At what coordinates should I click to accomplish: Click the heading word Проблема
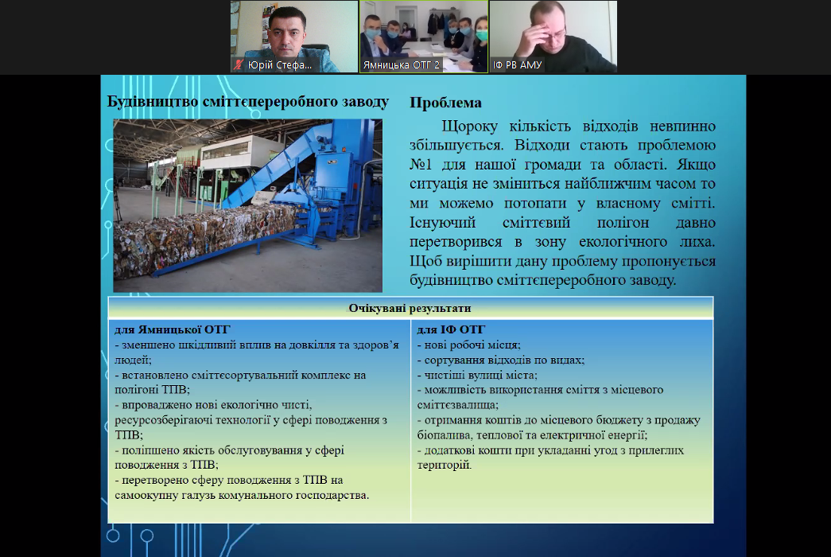(x=445, y=103)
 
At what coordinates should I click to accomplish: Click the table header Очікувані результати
(x=410, y=308)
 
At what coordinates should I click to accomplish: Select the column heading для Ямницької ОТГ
(x=173, y=329)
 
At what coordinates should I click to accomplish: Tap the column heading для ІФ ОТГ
(x=451, y=329)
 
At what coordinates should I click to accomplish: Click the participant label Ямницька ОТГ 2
(x=402, y=65)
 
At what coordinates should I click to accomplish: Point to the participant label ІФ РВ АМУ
(x=517, y=65)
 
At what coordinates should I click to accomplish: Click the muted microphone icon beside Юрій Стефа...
(x=239, y=64)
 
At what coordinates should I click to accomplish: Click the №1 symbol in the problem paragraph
(x=421, y=165)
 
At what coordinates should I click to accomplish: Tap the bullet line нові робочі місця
(x=468, y=345)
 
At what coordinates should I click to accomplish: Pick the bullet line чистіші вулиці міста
(x=477, y=375)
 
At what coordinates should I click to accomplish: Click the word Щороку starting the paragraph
(x=469, y=127)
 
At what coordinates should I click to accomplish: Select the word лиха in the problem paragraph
(x=697, y=242)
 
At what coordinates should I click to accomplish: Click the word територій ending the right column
(x=444, y=465)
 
